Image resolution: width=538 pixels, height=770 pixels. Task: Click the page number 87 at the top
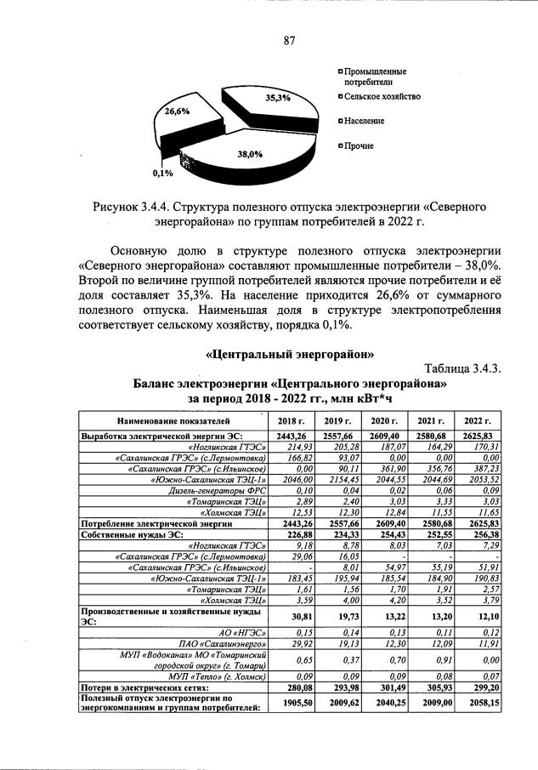(289, 41)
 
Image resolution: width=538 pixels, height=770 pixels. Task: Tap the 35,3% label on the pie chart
(278, 98)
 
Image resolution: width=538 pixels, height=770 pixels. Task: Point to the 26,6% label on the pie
(177, 111)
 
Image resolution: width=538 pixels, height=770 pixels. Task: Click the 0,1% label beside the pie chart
(162, 174)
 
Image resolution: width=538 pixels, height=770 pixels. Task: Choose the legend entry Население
(364, 121)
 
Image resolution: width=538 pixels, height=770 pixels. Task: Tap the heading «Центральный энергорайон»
(291, 353)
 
